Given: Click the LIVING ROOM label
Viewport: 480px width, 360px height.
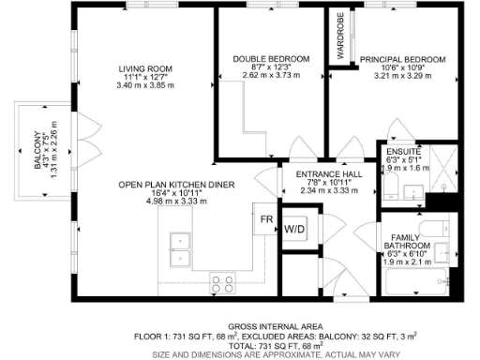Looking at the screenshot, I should (143, 68).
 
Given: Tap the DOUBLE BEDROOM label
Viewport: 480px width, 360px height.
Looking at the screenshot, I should (271, 58).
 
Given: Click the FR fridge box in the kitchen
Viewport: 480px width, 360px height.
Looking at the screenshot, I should (266, 218).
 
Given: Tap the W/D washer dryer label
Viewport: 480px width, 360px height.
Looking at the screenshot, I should (294, 229).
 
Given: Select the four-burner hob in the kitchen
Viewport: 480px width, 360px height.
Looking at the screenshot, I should (222, 280).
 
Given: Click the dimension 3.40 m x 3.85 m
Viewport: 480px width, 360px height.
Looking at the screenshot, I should (143, 85).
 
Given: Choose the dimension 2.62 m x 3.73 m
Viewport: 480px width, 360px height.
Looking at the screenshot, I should (271, 75).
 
